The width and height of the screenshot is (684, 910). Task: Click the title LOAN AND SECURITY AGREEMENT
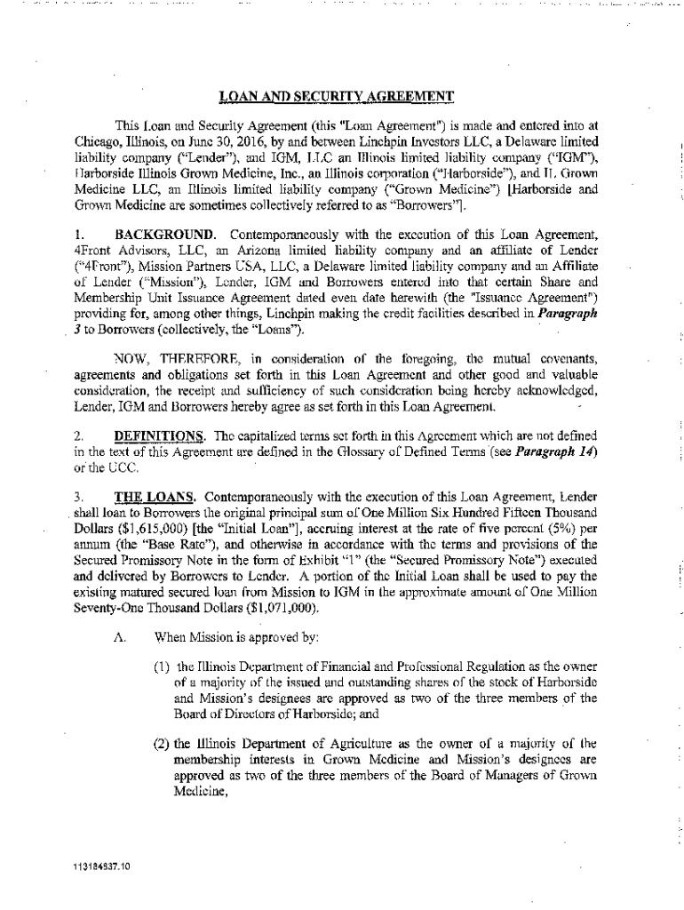337,96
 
